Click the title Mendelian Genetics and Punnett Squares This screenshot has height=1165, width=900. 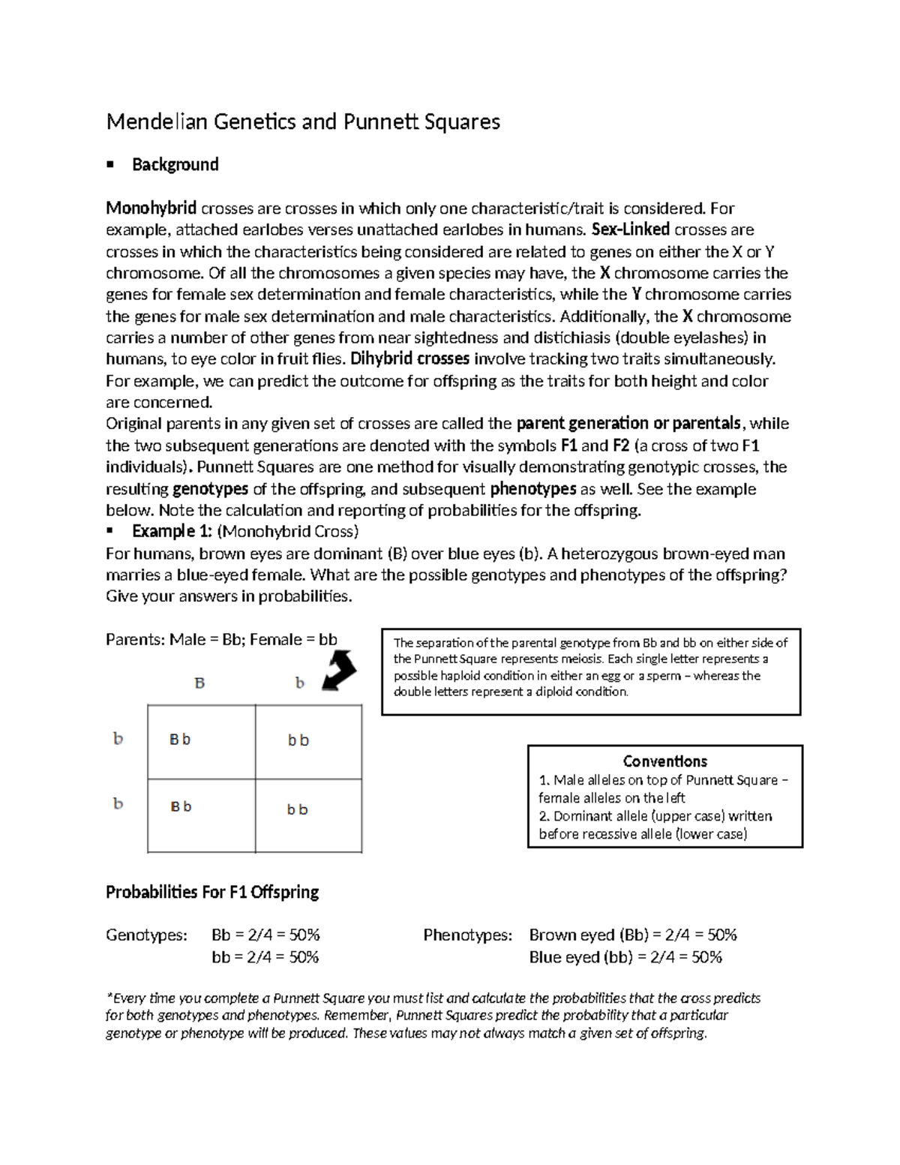pos(302,122)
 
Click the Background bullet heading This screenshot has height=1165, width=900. pos(175,165)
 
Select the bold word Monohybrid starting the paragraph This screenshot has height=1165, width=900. pos(151,208)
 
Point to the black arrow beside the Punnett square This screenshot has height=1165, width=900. pos(339,671)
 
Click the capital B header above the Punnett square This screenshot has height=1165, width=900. pos(199,683)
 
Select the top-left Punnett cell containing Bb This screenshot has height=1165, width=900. pos(201,741)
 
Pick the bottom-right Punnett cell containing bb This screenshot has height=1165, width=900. pos(308,815)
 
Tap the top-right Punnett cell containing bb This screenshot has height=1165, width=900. pos(308,741)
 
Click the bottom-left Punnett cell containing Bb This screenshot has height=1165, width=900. pos(201,815)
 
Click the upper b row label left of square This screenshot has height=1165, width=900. pos(118,739)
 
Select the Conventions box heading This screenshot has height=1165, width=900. pos(664,761)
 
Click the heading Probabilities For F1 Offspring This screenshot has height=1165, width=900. pos(212,893)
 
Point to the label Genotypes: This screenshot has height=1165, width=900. pos(146,935)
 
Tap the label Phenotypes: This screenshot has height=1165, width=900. pos(467,935)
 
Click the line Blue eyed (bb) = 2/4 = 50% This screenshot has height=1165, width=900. pos(625,957)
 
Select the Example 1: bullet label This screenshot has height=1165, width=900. pos(172,532)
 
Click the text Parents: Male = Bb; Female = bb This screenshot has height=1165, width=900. pos(221,640)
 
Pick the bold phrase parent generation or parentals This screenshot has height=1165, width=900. pos(628,424)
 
